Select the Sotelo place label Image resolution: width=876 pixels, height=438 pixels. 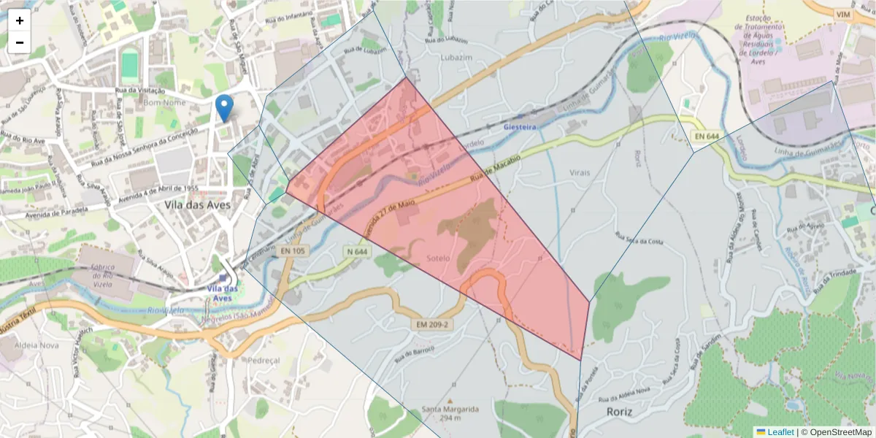(x=439, y=258)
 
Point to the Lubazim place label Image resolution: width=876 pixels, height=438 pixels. (x=458, y=56)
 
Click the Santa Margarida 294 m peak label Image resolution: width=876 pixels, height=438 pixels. (x=450, y=413)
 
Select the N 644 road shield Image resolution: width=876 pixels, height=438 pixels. (x=357, y=251)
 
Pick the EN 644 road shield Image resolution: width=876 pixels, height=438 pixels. (x=707, y=136)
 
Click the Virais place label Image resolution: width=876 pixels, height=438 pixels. (x=579, y=173)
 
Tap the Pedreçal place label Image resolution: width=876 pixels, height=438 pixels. (x=264, y=361)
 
